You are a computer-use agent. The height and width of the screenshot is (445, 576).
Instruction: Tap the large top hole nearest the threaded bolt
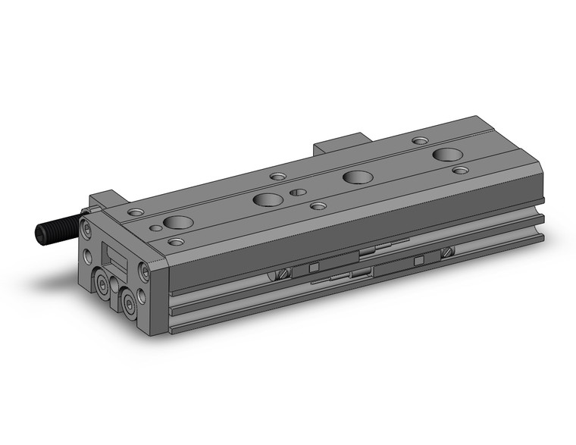click(176, 223)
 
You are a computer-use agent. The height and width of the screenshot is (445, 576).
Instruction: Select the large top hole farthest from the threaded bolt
click(447, 155)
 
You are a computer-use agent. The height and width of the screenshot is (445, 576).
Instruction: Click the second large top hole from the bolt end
click(268, 200)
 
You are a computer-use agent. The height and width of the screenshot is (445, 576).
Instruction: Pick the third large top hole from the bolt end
click(358, 177)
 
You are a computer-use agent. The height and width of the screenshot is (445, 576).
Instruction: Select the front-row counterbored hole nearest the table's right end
click(460, 170)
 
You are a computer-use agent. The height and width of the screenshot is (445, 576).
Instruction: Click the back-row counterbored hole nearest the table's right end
click(419, 140)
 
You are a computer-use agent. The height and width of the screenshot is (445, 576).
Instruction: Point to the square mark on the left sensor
click(311, 268)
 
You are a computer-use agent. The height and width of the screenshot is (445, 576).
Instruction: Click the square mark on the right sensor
click(418, 261)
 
